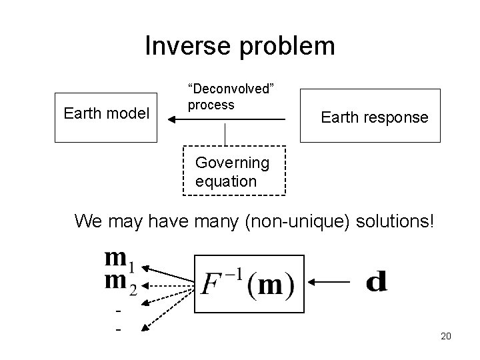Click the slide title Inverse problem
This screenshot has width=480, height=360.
point(239,46)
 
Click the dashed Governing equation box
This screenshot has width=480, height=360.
point(234,171)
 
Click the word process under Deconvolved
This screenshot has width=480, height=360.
point(211,105)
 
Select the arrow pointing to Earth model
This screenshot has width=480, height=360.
point(227,120)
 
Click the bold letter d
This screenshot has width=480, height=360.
point(376,281)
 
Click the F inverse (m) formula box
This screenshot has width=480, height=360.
point(249,283)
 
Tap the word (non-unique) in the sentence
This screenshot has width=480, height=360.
point(289,221)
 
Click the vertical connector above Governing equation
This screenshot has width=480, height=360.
point(227,133)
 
